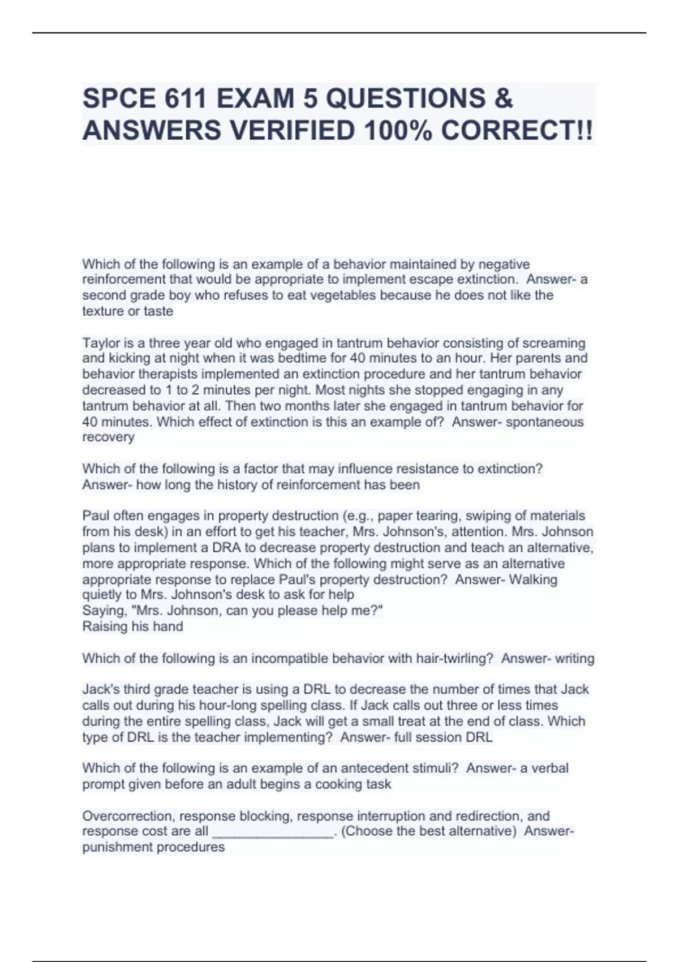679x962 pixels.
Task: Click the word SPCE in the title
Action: pyautogui.click(x=119, y=98)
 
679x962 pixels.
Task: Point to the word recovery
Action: pyautogui.click(x=108, y=437)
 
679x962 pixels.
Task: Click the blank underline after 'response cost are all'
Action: pyautogui.click(x=273, y=832)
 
